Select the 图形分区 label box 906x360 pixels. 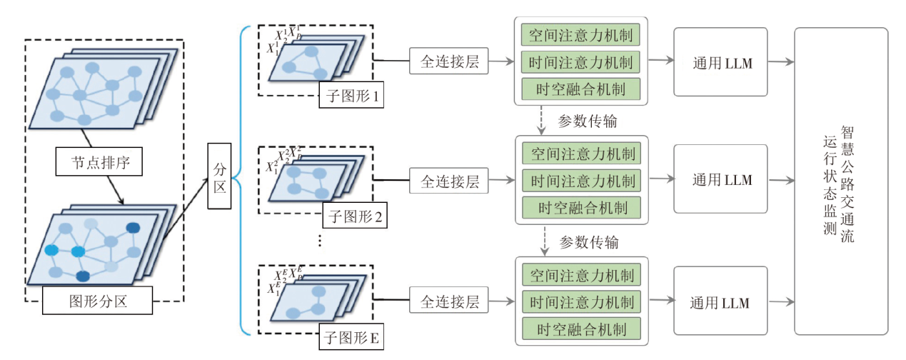tap(99, 301)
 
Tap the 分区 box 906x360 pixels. tap(220, 176)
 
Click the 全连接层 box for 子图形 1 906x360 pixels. tap(449, 61)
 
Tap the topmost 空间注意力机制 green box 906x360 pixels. tap(580, 35)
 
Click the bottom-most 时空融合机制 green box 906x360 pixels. tap(580, 329)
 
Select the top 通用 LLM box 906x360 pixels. tap(721, 61)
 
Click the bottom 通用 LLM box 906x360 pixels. tap(721, 302)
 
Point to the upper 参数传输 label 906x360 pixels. tap(588, 121)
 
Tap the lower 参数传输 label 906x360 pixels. tap(588, 242)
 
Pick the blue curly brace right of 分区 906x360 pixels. tap(238, 180)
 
